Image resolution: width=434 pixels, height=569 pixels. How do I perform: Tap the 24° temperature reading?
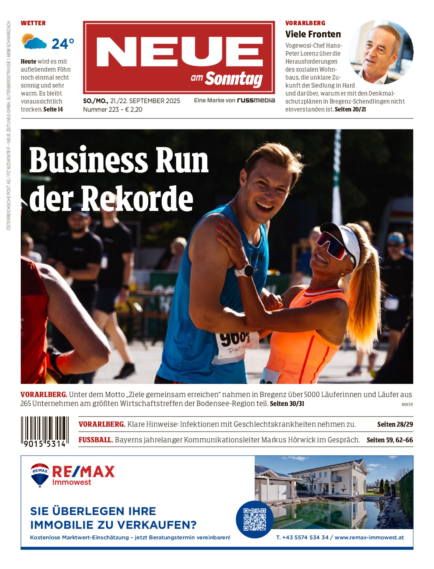pyautogui.click(x=63, y=44)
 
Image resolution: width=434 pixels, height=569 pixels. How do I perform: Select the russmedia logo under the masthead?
pyautogui.click(x=256, y=101)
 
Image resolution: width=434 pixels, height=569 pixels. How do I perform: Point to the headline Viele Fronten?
pyautogui.click(x=313, y=34)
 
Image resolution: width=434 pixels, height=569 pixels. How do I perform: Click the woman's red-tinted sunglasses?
pyautogui.click(x=331, y=244)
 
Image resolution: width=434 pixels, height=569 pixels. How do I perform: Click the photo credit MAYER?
pyautogui.click(x=407, y=405)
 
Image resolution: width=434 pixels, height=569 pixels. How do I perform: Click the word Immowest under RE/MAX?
pyautogui.click(x=72, y=482)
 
